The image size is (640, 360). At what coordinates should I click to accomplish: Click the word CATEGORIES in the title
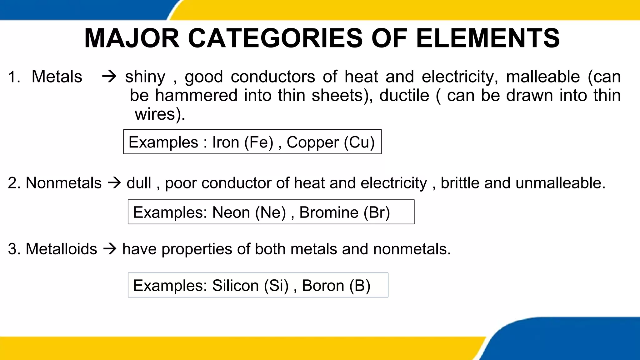[275, 38]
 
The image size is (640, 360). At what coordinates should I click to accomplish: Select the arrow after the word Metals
[109, 77]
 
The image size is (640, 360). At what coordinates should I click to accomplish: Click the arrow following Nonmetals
[114, 183]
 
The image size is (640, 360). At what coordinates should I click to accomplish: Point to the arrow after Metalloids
[110, 249]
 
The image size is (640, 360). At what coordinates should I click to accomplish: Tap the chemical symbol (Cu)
[359, 142]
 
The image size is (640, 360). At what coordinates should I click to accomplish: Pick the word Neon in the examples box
[231, 212]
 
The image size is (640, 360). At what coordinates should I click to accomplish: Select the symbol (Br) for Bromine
[377, 212]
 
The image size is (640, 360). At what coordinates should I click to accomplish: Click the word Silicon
[235, 286]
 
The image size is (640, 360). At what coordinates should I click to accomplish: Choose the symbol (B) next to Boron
[360, 286]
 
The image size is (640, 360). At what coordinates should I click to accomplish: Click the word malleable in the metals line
[543, 77]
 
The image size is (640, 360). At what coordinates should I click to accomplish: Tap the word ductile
[404, 95]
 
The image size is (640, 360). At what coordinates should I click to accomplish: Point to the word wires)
[160, 114]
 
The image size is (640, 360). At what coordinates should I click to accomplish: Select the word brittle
[460, 183]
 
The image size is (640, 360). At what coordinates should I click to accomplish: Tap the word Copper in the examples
[312, 142]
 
